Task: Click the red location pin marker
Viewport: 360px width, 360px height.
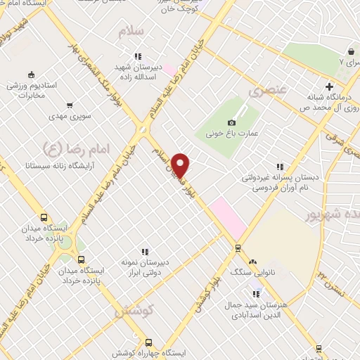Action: pos(181,165)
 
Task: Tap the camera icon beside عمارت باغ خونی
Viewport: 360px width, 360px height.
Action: pos(232,123)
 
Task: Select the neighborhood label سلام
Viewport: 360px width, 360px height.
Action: pos(131,32)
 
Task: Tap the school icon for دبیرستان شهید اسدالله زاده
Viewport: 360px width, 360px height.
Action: pos(139,56)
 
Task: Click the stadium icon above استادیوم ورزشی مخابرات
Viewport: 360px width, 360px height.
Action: pos(30,75)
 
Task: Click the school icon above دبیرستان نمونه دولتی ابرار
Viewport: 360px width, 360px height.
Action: pos(145,252)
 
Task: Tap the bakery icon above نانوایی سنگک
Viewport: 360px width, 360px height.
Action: pos(253,260)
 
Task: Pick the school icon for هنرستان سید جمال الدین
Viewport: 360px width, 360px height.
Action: pos(257,294)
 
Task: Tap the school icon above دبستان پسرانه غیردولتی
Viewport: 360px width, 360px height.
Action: pos(280,167)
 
